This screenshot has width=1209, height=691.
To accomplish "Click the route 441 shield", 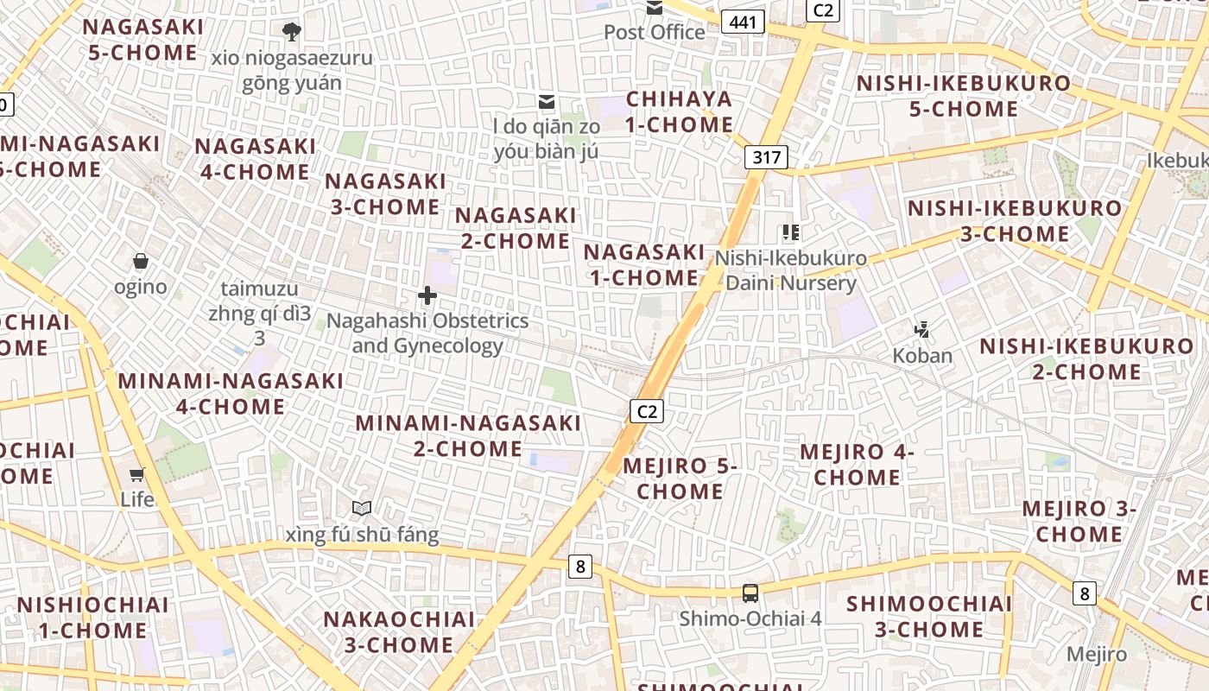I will (743, 22).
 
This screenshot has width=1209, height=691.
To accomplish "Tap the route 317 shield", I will (766, 157).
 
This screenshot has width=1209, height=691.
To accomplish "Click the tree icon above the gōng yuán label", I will (292, 32).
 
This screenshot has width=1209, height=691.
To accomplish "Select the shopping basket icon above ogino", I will (141, 261).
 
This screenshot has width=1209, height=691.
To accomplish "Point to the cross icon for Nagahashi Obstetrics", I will (427, 296).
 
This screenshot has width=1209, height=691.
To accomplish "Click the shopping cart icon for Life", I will (136, 474).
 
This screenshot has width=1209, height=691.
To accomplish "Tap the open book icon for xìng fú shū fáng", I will (362, 509).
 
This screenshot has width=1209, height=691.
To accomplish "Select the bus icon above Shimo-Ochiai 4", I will (750, 593).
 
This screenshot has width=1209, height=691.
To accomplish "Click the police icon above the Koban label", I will (922, 329).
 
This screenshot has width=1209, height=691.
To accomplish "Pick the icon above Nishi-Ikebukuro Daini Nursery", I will (790, 232).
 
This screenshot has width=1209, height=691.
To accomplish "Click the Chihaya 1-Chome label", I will (680, 111).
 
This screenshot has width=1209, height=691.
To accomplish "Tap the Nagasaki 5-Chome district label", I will (143, 40).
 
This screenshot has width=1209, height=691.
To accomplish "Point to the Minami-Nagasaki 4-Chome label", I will (231, 393).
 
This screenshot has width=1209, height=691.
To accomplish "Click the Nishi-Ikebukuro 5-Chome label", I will (963, 96).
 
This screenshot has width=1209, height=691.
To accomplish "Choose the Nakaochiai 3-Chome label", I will (399, 631).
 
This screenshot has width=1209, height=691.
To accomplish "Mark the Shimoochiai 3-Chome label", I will (928, 616).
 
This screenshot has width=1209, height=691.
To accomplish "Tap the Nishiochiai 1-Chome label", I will (92, 618).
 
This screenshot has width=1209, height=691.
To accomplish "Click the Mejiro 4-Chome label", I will (857, 464).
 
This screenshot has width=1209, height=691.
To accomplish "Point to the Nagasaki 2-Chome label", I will (516, 227).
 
